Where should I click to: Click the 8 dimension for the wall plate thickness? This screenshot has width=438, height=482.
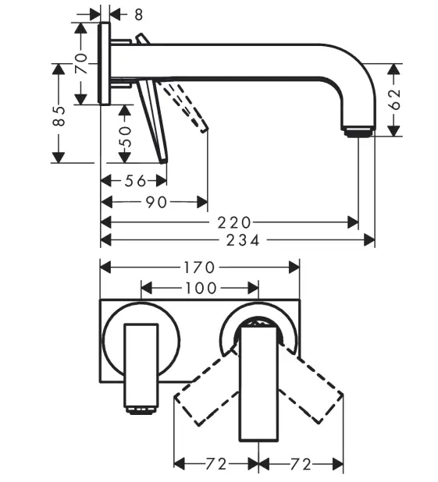pos(139,13)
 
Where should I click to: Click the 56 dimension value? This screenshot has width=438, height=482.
pos(135,181)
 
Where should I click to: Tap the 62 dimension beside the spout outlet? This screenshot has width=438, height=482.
pos(394,99)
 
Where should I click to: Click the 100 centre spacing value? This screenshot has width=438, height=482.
pos(200,288)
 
